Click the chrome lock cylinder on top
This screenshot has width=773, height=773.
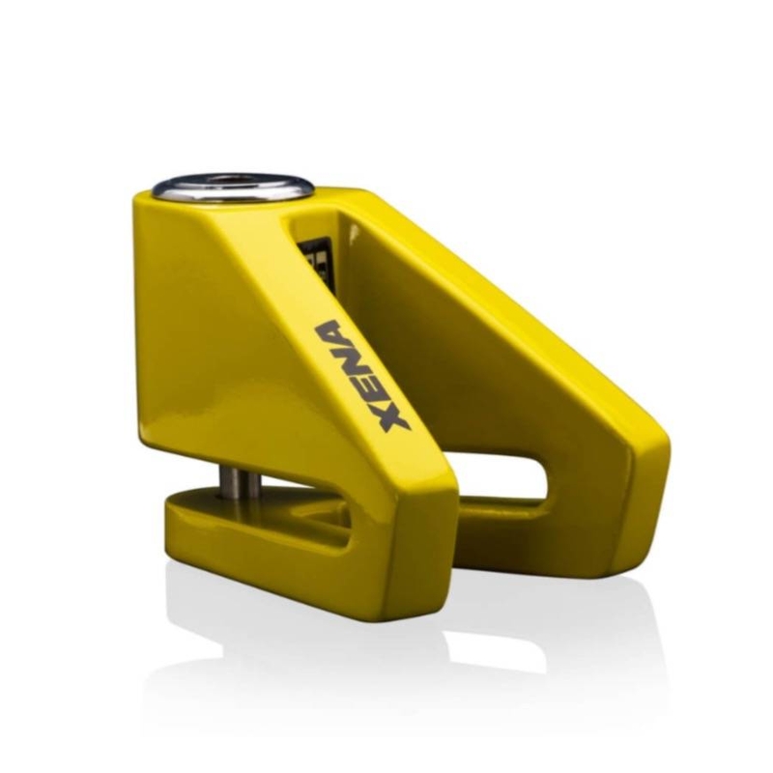(x=233, y=187)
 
